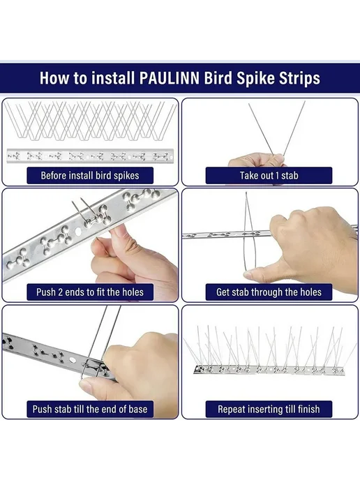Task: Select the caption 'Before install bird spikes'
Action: (90, 176)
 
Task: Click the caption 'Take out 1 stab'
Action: (269, 176)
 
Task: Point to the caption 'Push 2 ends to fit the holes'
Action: (90, 292)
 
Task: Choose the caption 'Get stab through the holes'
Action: (269, 292)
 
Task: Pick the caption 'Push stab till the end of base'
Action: (90, 409)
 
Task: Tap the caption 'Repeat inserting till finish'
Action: (269, 409)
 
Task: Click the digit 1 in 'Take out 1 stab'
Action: (278, 176)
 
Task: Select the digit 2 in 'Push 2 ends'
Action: (60, 292)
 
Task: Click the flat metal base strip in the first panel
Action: (90, 156)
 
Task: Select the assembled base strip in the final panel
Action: (269, 370)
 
